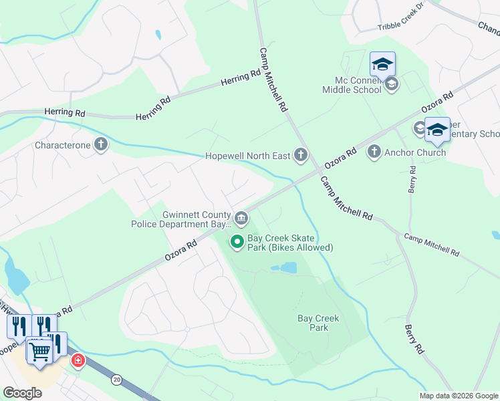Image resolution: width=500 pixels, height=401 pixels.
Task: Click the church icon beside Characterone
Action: coord(100,144)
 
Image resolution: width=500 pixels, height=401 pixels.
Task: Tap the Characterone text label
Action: coord(62,144)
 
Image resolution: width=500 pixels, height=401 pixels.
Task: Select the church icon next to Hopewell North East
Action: coord(301,156)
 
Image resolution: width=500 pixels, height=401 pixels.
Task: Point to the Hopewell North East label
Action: coord(248,156)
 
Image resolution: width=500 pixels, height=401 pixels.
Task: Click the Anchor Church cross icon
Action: coord(374,152)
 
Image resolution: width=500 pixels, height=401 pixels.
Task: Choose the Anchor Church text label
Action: coord(415,152)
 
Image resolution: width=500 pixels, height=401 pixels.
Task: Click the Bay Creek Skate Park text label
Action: coord(290,243)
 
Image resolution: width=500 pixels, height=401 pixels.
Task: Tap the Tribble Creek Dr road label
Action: coord(401,25)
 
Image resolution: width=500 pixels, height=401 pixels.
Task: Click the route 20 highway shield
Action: coord(118,380)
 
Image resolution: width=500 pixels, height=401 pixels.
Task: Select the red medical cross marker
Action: coord(78,360)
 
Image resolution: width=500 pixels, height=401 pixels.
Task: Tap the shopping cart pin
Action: coord(40,350)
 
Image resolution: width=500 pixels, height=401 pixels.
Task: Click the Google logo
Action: coord(22,393)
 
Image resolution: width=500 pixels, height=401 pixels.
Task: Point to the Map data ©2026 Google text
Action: coord(458,396)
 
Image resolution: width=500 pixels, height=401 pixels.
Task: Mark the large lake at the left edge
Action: coord(15,275)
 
